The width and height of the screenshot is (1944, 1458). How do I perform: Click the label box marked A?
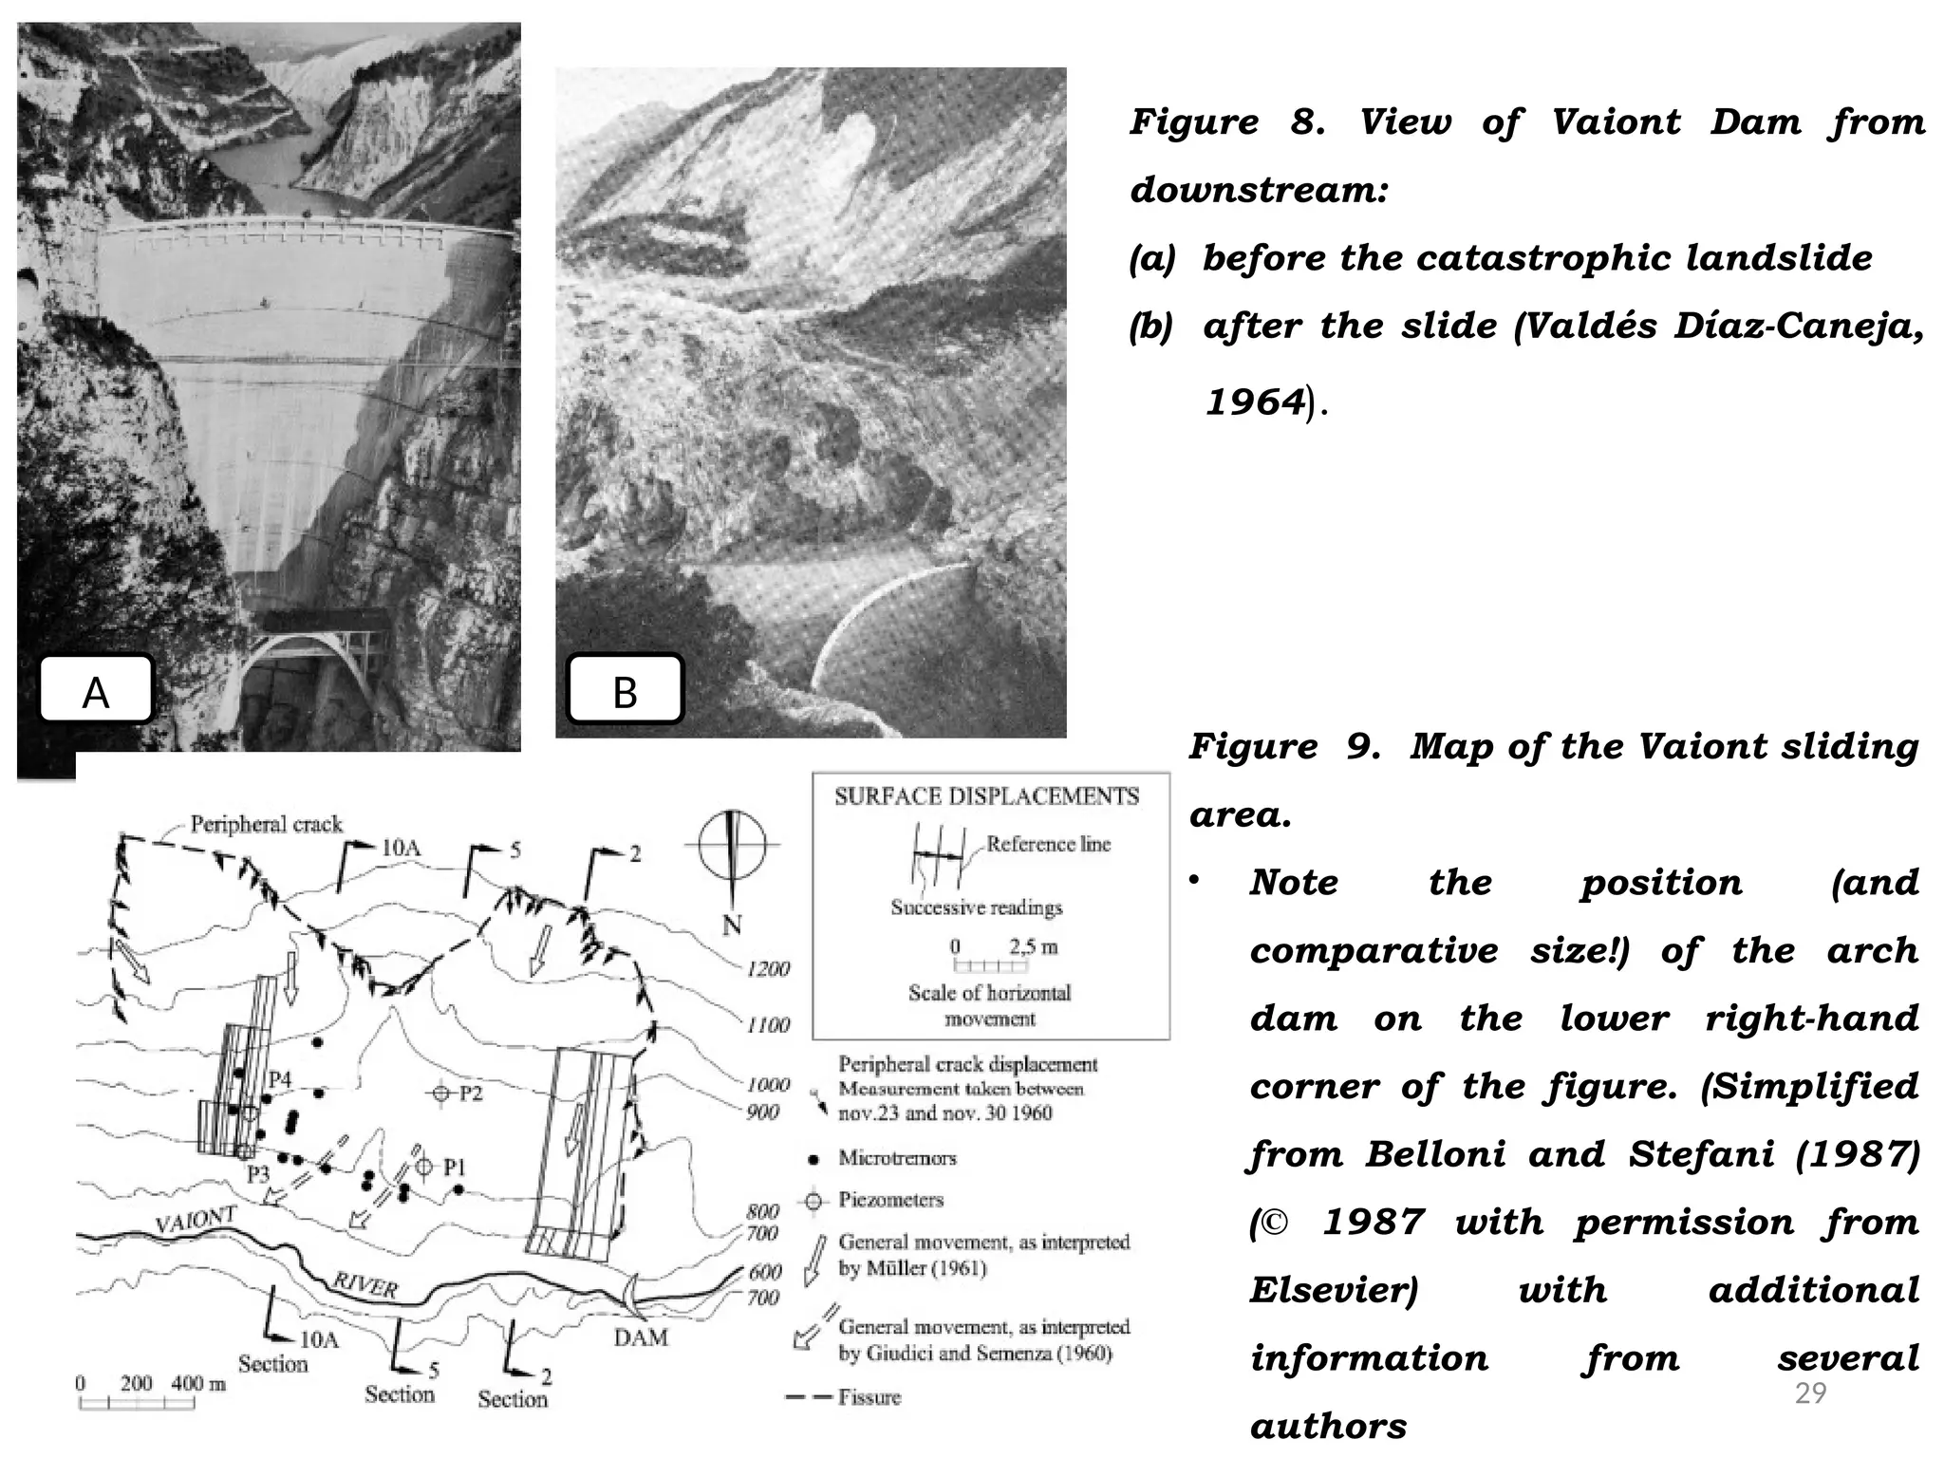96,690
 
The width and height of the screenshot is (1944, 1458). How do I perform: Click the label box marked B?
625,690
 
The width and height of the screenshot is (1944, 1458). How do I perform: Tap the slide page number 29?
1810,1393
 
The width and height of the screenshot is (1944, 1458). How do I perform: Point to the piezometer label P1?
455,1168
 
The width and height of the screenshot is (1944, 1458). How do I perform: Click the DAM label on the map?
641,1337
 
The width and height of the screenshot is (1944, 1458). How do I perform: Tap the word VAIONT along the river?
195,1222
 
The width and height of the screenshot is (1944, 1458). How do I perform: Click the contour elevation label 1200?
768,969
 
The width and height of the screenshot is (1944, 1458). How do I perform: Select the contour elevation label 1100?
768,1025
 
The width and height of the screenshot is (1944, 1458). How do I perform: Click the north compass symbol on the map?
732,845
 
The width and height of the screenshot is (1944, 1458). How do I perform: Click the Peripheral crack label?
266,824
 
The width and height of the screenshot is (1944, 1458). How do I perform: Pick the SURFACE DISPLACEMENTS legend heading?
986,796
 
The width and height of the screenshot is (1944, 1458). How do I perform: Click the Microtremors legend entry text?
897,1158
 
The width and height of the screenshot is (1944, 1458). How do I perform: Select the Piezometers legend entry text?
890,1200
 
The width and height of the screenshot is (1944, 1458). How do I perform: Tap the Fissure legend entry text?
869,1397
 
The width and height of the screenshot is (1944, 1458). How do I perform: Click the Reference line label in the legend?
1048,844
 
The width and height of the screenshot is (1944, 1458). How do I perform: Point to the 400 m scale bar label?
198,1383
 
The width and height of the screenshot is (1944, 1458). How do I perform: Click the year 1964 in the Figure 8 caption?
1255,402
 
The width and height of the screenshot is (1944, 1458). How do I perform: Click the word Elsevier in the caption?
1333,1290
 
